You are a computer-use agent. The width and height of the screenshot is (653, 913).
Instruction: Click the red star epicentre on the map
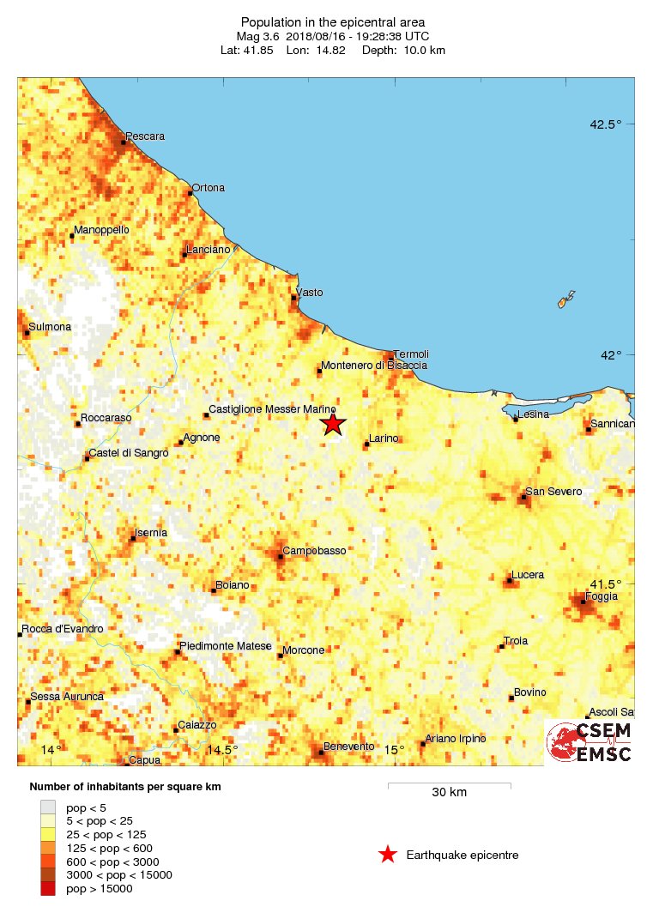pyautogui.click(x=333, y=424)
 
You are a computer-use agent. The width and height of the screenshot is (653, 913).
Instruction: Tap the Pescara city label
pyautogui.click(x=145, y=136)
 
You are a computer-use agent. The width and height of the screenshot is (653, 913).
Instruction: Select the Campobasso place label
pyautogui.click(x=314, y=550)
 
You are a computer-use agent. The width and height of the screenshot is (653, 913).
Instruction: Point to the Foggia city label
pyautogui.click(x=600, y=596)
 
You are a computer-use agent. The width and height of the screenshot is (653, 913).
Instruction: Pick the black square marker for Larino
pyautogui.click(x=366, y=444)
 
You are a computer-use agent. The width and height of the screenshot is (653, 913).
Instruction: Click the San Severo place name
pyautogui.click(x=553, y=492)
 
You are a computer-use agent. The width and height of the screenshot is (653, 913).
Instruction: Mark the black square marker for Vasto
pyautogui.click(x=294, y=298)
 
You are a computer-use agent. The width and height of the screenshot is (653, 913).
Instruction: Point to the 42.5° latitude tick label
pyautogui.click(x=605, y=124)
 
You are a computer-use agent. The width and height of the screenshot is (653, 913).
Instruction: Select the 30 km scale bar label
pyautogui.click(x=449, y=792)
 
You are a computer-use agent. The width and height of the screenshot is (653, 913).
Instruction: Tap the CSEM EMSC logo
pyautogui.click(x=590, y=742)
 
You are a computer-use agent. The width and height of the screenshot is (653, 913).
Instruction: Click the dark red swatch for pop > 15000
pyautogui.click(x=48, y=889)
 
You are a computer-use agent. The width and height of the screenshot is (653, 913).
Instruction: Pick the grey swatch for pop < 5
pyautogui.click(x=48, y=807)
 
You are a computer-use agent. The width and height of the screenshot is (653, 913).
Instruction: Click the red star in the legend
pyautogui.click(x=388, y=855)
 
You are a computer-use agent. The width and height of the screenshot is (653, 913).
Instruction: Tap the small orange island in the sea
pyautogui.click(x=565, y=299)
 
